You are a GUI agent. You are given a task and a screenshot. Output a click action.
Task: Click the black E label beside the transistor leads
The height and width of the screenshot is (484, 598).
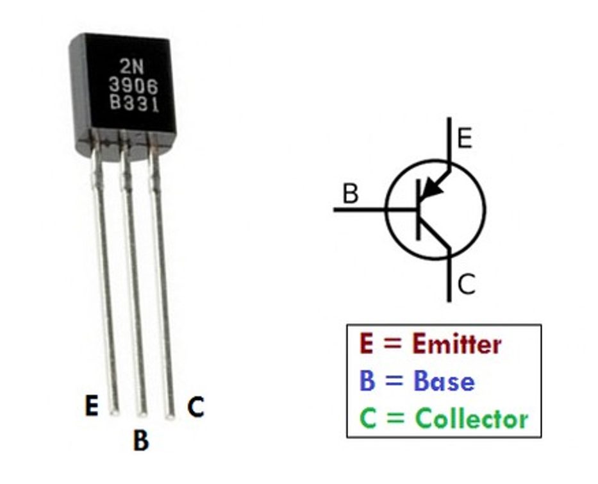(x=92, y=406)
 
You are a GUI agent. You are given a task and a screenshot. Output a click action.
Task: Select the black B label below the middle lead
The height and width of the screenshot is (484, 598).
(x=141, y=440)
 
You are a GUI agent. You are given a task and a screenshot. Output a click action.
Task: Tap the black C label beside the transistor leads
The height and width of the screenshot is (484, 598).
(x=195, y=406)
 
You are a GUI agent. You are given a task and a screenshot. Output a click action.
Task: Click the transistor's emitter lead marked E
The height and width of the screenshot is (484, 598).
(x=106, y=288)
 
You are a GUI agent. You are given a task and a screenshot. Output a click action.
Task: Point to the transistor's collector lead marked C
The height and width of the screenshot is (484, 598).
(x=163, y=288)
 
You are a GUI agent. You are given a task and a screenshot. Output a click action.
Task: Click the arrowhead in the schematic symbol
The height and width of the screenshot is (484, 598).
(x=434, y=188)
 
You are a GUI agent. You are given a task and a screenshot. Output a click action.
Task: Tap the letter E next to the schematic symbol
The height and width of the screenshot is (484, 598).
(x=465, y=138)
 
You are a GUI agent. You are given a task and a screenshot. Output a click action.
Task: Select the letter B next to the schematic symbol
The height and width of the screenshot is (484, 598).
(x=350, y=194)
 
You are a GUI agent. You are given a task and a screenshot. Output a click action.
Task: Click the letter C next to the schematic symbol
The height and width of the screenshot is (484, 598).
(x=467, y=285)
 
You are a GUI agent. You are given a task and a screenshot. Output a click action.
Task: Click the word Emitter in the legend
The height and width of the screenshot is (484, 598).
(x=457, y=344)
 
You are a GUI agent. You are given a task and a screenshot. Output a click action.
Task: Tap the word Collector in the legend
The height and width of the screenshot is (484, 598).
(x=472, y=419)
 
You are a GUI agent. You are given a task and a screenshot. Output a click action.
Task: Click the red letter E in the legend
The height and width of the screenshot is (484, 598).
(x=367, y=344)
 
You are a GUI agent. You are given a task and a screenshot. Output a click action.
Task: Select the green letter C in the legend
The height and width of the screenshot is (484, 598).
(x=367, y=419)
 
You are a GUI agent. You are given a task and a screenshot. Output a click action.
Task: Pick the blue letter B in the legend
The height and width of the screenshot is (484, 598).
(x=367, y=381)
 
